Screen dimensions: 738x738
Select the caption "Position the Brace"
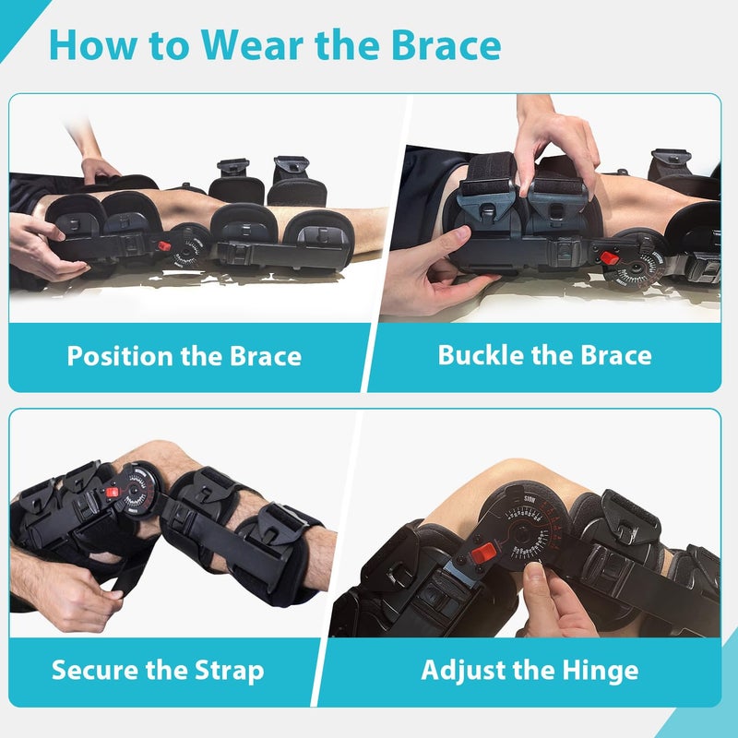click(x=184, y=356)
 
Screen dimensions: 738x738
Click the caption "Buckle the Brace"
click(x=544, y=355)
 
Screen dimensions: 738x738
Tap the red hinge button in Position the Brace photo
click(x=163, y=246)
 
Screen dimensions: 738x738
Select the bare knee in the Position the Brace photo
click(x=184, y=203)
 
